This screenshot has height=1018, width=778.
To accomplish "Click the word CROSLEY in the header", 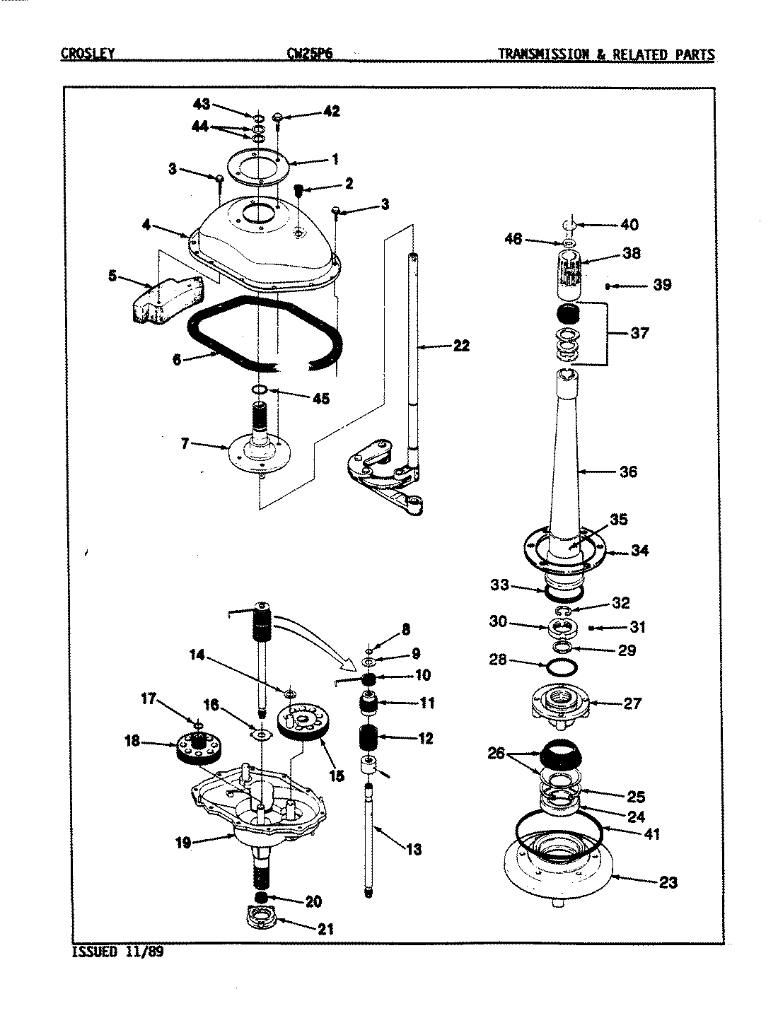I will click(x=87, y=54).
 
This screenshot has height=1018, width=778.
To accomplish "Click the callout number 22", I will click(x=460, y=346).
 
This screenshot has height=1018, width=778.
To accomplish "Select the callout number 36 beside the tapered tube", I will click(x=628, y=472).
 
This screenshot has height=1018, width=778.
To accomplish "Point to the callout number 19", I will click(x=183, y=843).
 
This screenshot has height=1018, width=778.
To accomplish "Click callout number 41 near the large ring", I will click(x=651, y=834).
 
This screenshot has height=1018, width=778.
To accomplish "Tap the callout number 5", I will click(x=112, y=276).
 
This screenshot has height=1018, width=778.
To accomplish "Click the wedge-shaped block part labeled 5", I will click(x=166, y=301).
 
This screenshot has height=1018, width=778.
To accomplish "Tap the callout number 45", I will click(x=320, y=399).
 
